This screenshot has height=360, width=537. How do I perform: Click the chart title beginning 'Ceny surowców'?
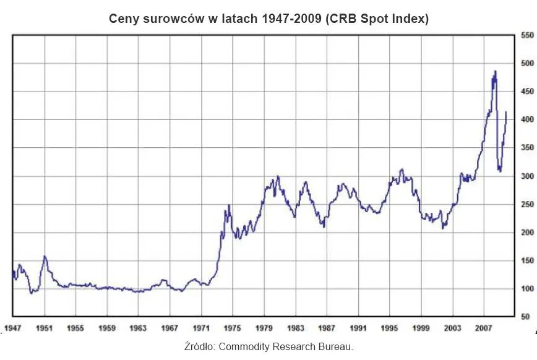pos(268,19)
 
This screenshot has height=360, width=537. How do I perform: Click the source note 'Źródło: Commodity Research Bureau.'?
pos(268,346)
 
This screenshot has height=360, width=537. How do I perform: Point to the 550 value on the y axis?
pos(526,36)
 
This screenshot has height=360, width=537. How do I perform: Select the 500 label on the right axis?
pos(526,64)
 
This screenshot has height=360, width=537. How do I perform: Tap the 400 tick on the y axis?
pos(526,120)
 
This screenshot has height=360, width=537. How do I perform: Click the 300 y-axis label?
pos(526,176)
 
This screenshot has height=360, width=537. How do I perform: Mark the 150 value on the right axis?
pos(526,261)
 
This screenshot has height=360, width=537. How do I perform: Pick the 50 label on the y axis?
pos(526,317)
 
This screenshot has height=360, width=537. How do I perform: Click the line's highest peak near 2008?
pos(495,71)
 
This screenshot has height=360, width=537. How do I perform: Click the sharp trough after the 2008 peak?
pos(500,171)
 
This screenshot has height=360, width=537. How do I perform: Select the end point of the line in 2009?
pos(506,112)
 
